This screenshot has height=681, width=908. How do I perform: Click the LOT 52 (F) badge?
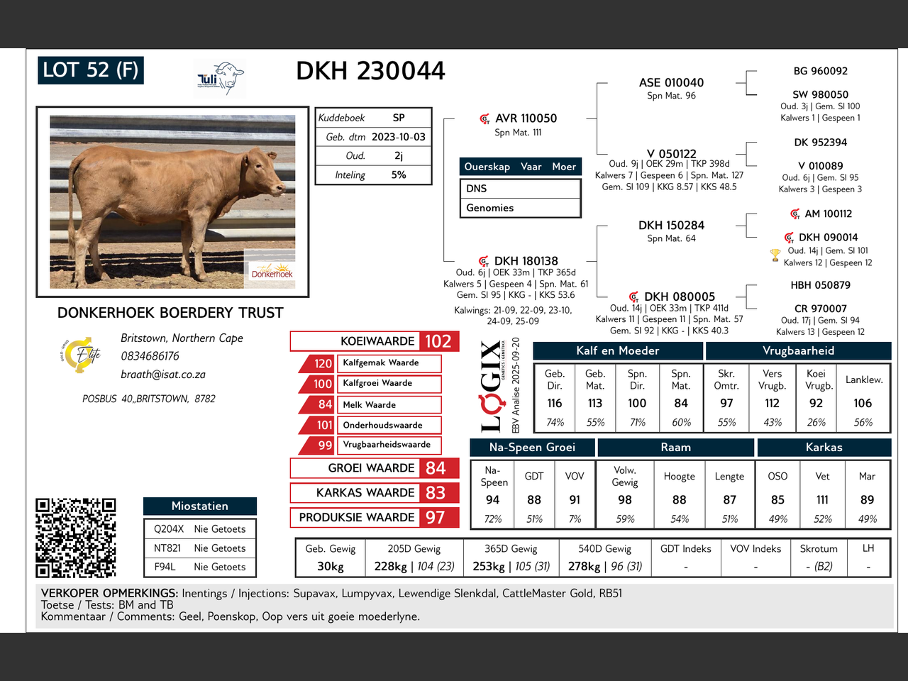(91, 70)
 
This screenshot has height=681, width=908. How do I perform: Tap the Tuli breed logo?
(220, 78)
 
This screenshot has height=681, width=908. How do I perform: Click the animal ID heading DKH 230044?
(370, 71)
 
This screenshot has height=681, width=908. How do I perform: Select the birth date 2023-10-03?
(398, 137)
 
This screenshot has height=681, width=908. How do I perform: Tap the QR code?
(76, 537)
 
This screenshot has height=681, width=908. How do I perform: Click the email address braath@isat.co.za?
(163, 375)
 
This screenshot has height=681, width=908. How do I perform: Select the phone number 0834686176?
(150, 356)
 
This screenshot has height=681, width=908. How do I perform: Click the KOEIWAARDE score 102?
(438, 341)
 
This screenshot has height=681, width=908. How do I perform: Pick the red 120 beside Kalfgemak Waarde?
(323, 363)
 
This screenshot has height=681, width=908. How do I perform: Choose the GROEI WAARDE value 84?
(436, 468)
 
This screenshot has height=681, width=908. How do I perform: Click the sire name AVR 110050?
(526, 118)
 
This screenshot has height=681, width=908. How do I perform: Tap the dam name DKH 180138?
(526, 261)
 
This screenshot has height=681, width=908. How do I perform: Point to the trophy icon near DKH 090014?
(775, 255)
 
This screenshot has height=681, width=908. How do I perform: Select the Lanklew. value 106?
(863, 403)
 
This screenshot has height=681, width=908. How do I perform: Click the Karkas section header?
(824, 448)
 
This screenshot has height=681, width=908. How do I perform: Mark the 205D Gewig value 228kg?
(391, 566)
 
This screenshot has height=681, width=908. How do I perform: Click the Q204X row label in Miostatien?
(169, 529)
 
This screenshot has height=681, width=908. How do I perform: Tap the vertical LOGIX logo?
(490, 387)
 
